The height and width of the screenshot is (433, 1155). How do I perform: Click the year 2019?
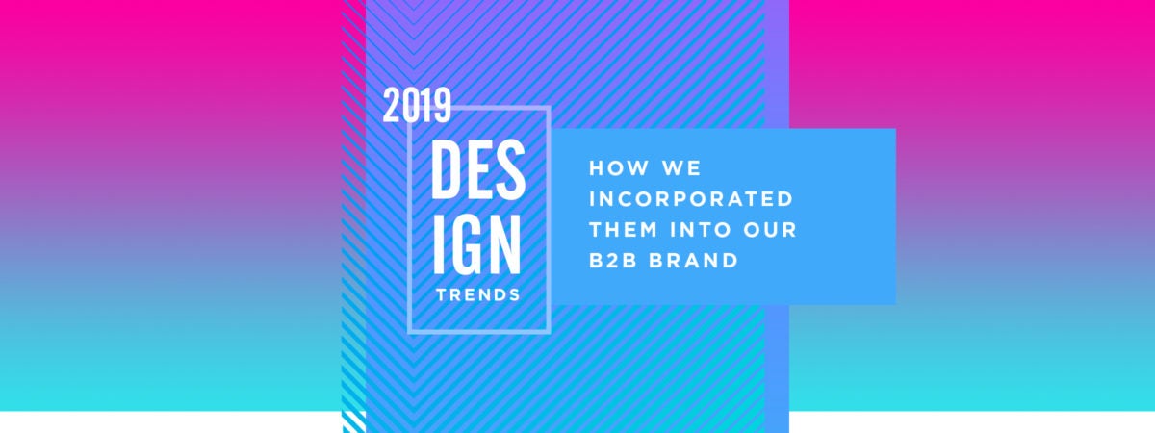(x=417, y=105)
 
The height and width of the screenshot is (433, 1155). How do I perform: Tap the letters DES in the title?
(x=477, y=170)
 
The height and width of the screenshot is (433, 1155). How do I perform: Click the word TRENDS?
(x=478, y=294)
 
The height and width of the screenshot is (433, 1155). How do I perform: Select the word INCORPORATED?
(x=690, y=199)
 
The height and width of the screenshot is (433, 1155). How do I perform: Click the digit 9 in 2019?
(x=442, y=105)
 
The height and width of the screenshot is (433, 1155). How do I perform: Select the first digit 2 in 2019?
(x=392, y=105)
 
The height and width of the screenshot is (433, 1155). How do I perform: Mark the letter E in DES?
(x=479, y=170)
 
